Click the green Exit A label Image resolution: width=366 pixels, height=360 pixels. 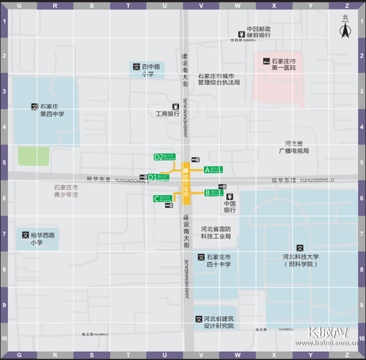(x=213, y=169)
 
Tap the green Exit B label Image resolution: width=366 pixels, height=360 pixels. (x=213, y=193)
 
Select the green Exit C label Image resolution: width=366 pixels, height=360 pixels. (x=163, y=199)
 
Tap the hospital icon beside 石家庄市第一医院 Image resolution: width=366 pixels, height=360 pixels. (x=266, y=61)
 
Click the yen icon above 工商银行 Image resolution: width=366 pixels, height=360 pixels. (x=175, y=106)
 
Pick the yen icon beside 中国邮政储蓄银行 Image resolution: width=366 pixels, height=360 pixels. (x=242, y=35)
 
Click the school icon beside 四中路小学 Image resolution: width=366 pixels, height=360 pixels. (x=136, y=67)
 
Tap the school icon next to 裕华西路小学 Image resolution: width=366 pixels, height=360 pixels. (x=25, y=235)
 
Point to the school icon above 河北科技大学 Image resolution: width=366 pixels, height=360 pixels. (x=300, y=248)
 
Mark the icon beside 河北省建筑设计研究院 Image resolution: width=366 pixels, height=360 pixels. (x=199, y=319)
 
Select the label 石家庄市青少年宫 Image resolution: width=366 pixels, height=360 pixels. (x=66, y=191)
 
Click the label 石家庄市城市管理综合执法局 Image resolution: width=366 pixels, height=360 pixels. (x=219, y=79)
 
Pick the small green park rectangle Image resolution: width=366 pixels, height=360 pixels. (x=34, y=156)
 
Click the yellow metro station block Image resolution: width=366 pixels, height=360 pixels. (x=186, y=183)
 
